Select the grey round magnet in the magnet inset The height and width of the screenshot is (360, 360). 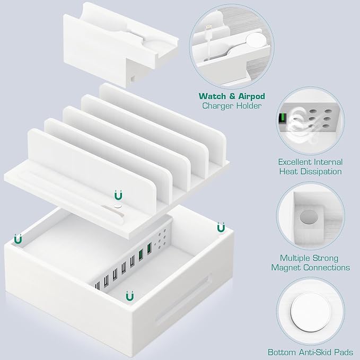pos(308,217)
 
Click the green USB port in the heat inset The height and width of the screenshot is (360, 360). pos(282,119)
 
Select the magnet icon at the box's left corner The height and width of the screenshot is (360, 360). pos(19,240)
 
